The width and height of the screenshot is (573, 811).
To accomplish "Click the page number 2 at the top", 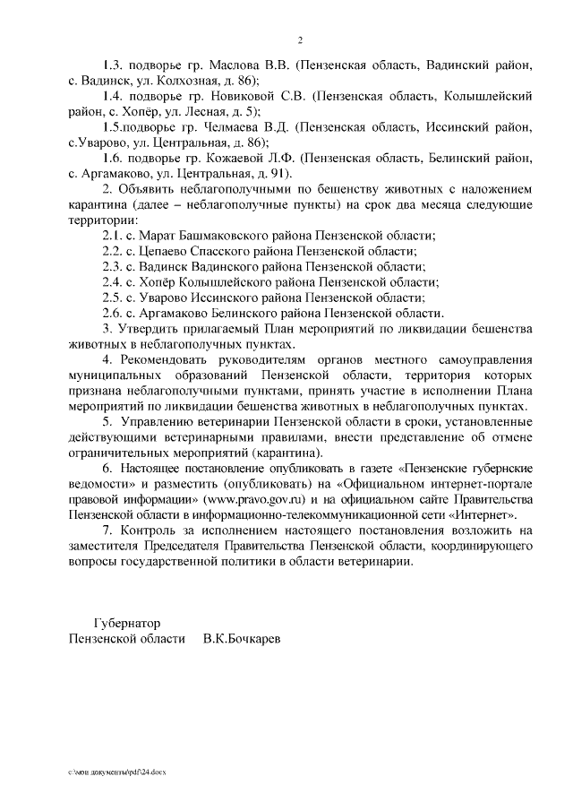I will [x=301, y=40].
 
